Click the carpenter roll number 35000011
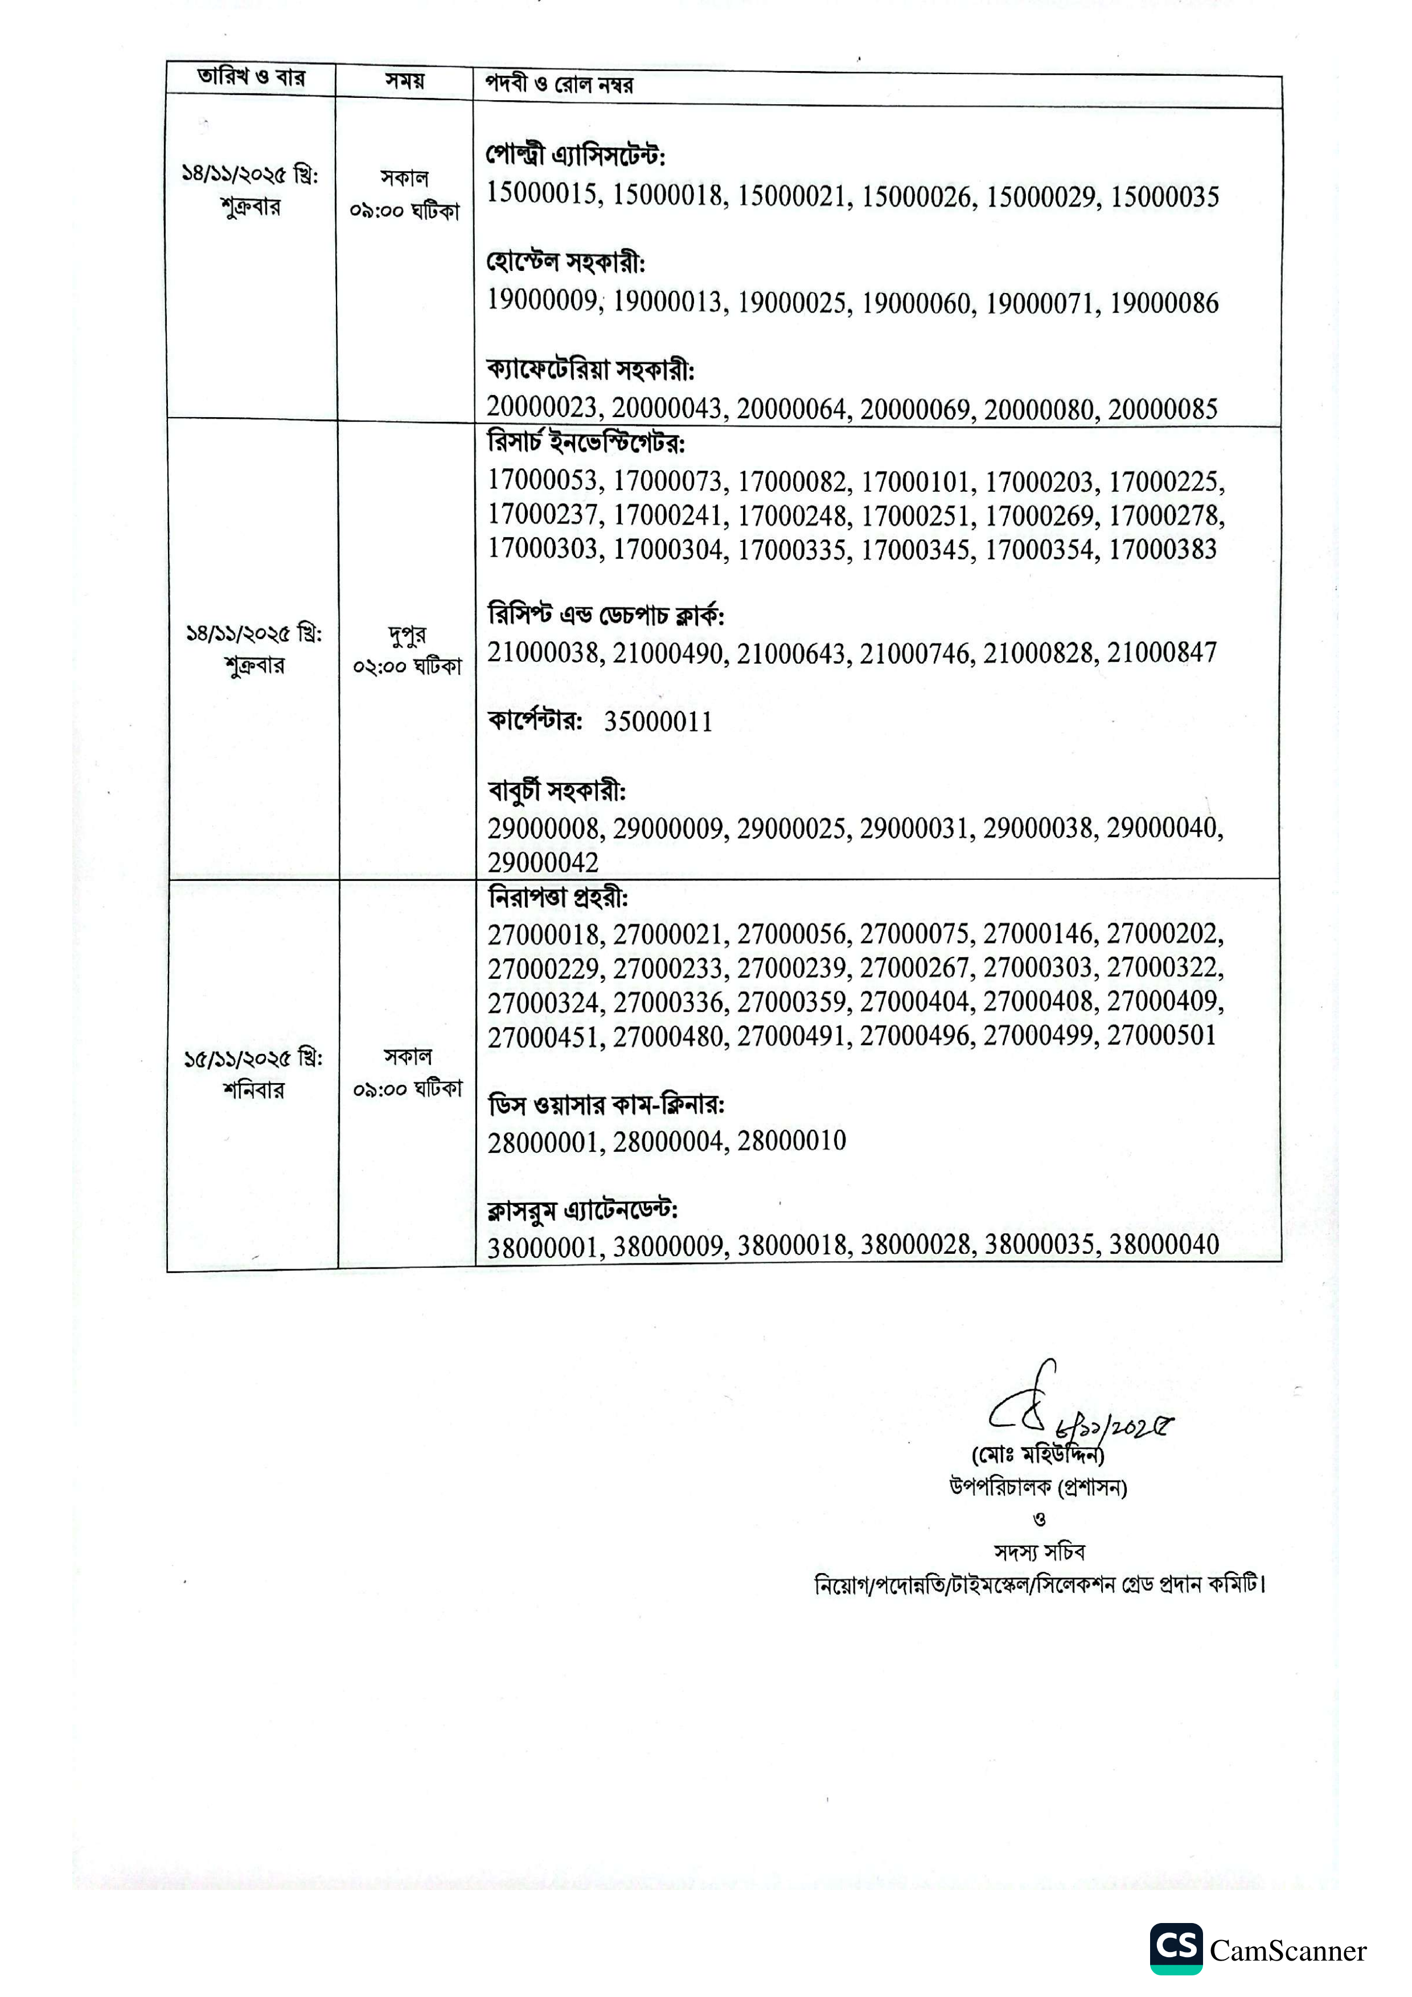click(x=658, y=722)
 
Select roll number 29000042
click(x=543, y=863)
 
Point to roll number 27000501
click(x=1161, y=1036)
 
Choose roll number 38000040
click(x=1163, y=1246)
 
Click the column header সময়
click(x=405, y=81)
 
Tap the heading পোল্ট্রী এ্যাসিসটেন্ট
click(x=575, y=156)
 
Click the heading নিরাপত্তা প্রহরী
click(x=557, y=897)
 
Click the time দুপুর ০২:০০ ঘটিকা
click(x=407, y=650)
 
